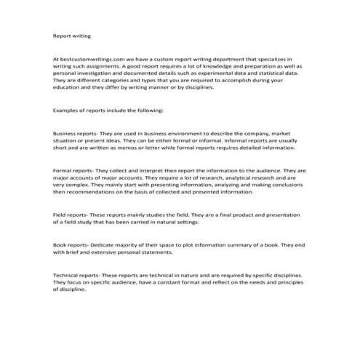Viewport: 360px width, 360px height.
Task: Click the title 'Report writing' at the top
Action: [x=72, y=35]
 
